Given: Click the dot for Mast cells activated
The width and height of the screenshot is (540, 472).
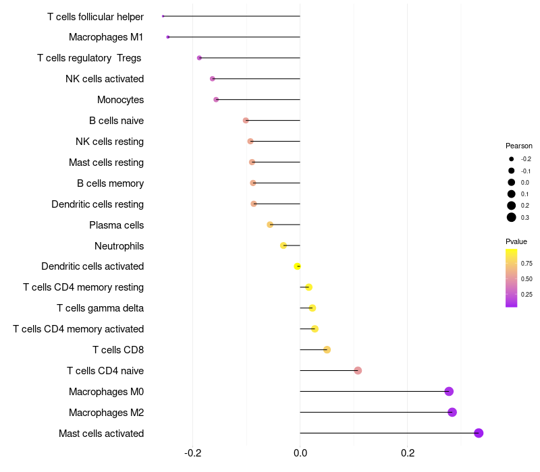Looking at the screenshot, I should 479,433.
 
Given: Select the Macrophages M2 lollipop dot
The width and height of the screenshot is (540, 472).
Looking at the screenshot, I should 452,412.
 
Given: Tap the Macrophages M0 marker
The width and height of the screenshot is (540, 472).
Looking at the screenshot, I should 449,391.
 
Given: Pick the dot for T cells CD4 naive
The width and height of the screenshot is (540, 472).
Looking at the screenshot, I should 358,370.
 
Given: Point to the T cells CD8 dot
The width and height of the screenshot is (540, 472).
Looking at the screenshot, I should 327,349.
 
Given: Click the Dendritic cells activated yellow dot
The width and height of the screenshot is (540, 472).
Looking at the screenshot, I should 297,266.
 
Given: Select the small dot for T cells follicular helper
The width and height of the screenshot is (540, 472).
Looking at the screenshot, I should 163,16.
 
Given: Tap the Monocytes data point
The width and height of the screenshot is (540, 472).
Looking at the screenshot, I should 216,100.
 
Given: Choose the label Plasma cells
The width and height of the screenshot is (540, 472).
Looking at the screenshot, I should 116,225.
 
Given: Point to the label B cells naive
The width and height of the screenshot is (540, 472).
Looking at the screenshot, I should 116,121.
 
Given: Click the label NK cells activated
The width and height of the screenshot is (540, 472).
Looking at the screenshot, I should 105,79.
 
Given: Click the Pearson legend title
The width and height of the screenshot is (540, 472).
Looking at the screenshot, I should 518,146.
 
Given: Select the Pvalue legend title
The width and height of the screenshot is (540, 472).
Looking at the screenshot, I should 516,241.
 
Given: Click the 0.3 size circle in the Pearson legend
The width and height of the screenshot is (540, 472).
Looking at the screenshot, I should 512,217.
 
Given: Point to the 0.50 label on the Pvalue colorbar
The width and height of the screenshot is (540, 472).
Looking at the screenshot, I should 526,278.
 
